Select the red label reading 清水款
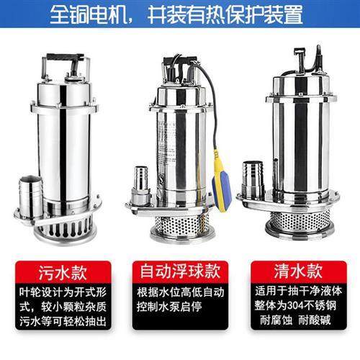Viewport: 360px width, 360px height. pos(297,273)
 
